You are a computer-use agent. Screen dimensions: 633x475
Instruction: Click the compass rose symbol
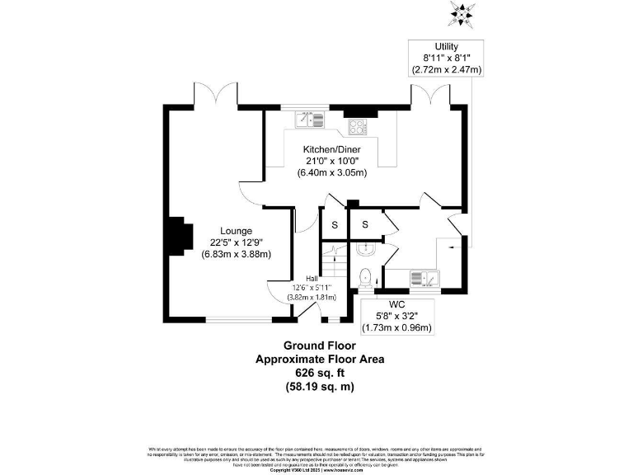[460, 12]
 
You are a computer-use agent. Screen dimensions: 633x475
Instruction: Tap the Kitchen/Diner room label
[331, 149]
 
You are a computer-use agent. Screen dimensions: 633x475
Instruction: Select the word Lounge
[236, 230]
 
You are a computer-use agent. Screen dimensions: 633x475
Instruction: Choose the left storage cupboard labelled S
[335, 225]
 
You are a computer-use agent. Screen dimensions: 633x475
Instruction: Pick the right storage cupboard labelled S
[364, 225]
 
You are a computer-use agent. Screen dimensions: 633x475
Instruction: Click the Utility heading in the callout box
[446, 46]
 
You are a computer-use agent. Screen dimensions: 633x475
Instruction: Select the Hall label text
[312, 278]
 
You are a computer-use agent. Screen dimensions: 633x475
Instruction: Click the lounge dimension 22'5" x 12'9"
[236, 242]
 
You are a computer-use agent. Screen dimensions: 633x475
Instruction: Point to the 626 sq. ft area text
[319, 373]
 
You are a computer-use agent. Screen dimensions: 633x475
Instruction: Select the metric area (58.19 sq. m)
[319, 386]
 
